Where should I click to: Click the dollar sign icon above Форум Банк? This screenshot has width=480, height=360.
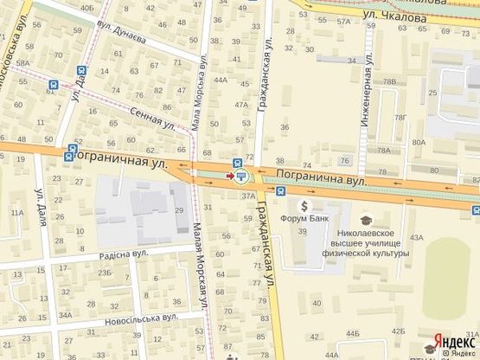pos(304,206)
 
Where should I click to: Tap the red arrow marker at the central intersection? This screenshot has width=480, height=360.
pos(229,176)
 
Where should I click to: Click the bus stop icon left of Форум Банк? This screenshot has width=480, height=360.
pos(281,192)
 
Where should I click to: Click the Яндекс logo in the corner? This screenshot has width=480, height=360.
pos(452,342)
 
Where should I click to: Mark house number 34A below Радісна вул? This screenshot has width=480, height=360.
pos(65,315)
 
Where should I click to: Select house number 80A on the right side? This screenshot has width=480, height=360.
pos(419,141)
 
